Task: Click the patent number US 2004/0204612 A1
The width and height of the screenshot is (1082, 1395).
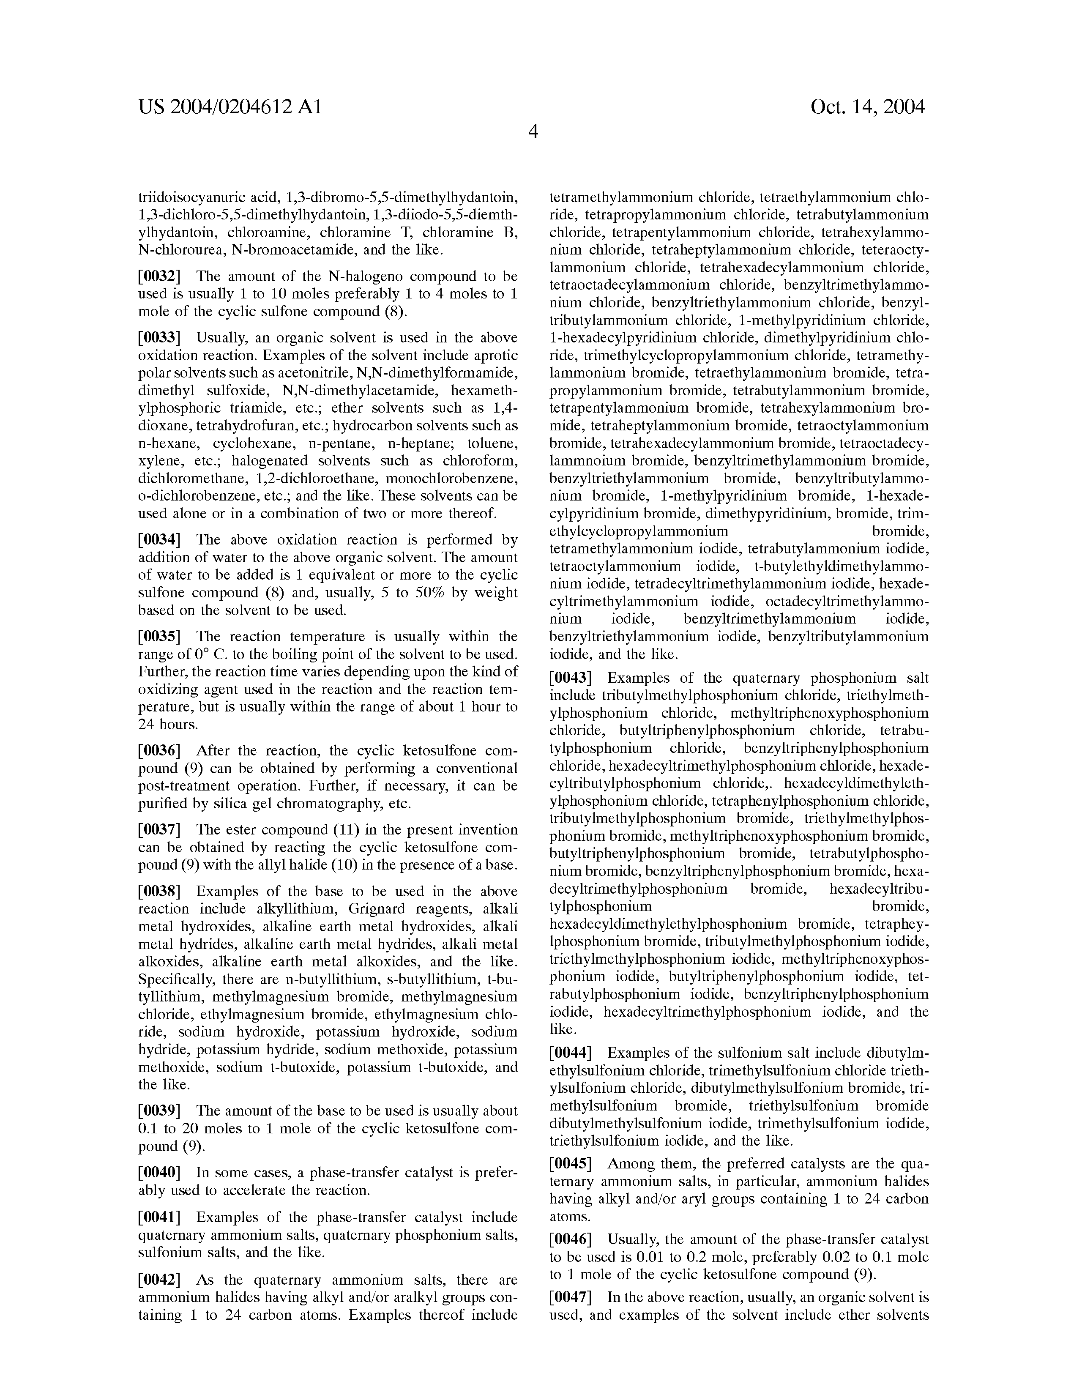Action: [230, 107]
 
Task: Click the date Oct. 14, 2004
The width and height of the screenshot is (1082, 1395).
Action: [867, 107]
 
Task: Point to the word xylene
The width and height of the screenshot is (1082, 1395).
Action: [158, 460]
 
